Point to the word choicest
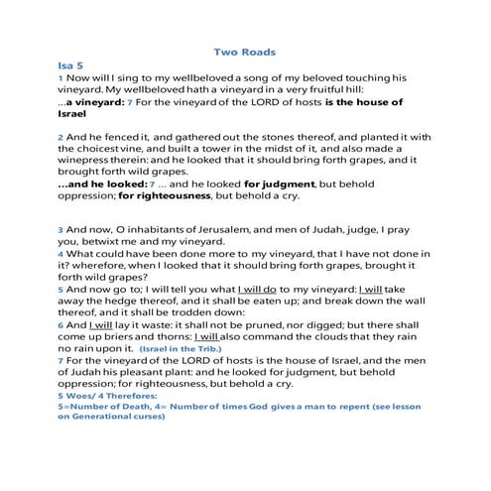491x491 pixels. tap(96, 153)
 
